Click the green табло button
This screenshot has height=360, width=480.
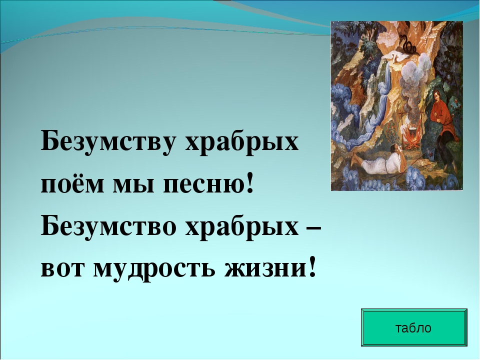click(414, 327)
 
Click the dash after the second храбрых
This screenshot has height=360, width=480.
click(313, 228)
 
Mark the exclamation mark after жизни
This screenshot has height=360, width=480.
click(312, 266)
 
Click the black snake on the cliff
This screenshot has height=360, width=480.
click(408, 44)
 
